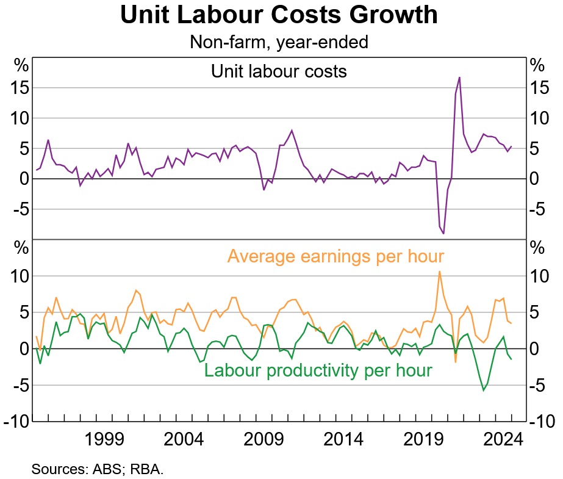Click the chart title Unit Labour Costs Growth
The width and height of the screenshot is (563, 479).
coord(279,16)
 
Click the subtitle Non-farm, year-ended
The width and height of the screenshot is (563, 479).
coord(279,42)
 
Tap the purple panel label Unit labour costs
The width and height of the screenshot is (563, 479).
coord(279,71)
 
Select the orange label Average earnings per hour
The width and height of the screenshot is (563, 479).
coord(335,256)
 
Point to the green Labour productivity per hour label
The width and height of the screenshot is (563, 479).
coord(318,370)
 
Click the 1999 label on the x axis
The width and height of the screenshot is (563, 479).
coord(104,439)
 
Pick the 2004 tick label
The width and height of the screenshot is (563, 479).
coord(184,439)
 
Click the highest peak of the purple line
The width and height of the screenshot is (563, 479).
coord(459,77)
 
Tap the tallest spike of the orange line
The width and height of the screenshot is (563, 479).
coord(439,272)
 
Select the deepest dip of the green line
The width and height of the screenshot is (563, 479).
coord(484,390)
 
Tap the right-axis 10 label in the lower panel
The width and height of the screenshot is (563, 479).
coord(542,276)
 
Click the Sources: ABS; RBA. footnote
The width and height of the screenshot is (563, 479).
coord(98,469)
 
